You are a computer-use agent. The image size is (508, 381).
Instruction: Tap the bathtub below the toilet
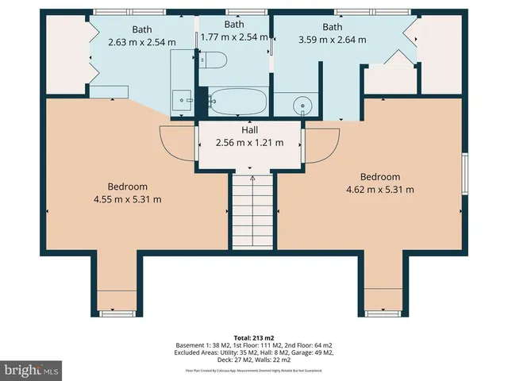pos(237,102)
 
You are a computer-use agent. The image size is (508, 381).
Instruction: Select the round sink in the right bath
pos(302,105)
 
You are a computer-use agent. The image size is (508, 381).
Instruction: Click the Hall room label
pos(250,130)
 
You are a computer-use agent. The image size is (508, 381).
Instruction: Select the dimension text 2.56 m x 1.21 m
pos(250,144)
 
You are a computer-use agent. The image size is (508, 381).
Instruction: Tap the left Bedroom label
pos(127,186)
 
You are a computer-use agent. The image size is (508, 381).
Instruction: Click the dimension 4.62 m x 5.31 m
pos(380,190)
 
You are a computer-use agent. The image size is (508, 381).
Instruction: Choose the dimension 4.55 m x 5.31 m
pos(127,199)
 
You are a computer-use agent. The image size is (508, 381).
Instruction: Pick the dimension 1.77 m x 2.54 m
pos(234,37)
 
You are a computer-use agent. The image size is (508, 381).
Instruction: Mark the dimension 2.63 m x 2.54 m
pos(141,43)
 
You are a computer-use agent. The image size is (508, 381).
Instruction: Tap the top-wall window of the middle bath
pos(234,11)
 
